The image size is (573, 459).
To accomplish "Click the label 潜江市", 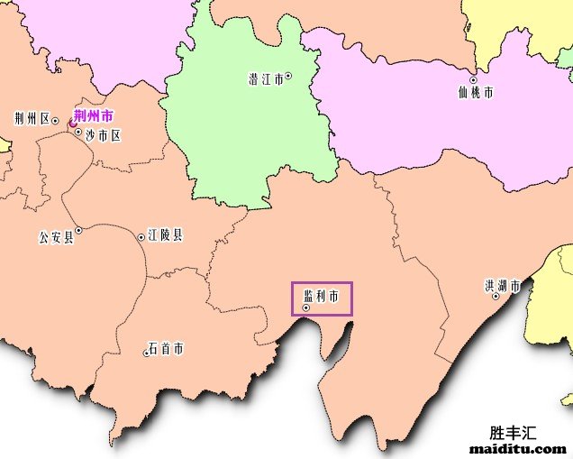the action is click(x=264, y=79).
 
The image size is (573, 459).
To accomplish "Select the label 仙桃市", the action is click(x=476, y=92).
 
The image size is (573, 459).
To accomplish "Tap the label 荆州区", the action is click(x=32, y=119).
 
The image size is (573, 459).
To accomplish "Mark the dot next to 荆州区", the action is click(x=55, y=120).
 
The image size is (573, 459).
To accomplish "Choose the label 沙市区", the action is click(x=103, y=135).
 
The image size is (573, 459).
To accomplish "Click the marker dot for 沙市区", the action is click(x=78, y=132).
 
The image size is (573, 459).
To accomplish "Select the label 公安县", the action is click(x=56, y=238).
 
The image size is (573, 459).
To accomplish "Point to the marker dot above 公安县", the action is click(x=78, y=231).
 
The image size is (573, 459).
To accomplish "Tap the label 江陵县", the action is click(x=165, y=235).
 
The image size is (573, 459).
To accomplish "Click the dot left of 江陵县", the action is click(x=141, y=237).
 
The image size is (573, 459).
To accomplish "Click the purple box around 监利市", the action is click(x=322, y=298).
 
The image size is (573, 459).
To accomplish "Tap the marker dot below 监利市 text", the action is click(x=306, y=308).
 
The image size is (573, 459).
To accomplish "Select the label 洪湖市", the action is click(x=502, y=287).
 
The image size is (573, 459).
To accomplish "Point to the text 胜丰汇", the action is click(x=513, y=432).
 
